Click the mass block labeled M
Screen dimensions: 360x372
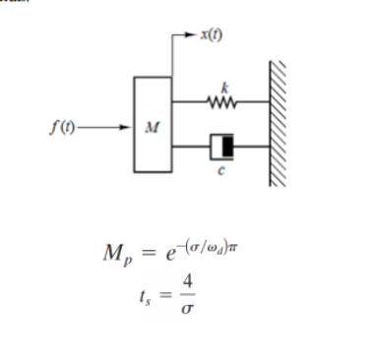coord(154,125)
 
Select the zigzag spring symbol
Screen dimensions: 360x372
coord(217,99)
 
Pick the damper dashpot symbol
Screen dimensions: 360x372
coord(222,149)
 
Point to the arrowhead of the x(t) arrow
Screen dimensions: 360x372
coord(190,36)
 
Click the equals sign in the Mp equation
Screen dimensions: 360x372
coord(144,253)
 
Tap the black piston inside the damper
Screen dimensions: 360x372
coord(227,149)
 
